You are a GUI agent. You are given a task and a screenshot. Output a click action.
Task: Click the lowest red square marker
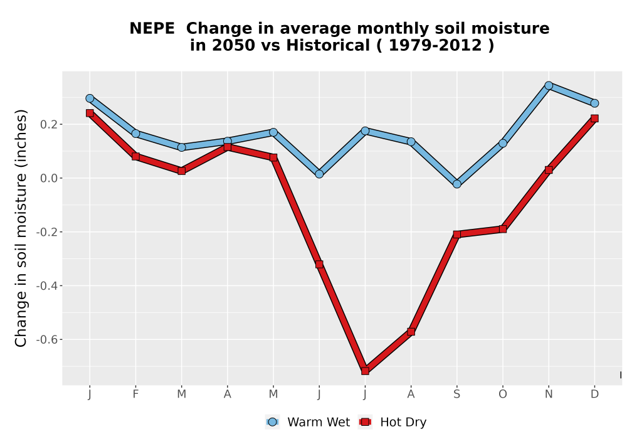point(365,371)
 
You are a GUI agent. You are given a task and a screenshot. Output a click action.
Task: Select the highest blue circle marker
point(549,85)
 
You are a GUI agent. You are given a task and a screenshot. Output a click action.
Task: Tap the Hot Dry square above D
point(594,119)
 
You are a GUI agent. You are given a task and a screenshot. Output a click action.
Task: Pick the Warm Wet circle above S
point(456,184)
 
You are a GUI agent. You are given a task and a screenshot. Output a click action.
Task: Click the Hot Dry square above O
point(503,229)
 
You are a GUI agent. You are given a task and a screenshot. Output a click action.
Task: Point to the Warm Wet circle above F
point(135,134)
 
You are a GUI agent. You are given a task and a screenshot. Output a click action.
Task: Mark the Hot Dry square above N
point(549,170)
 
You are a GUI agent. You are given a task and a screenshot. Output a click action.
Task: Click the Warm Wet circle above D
point(594,103)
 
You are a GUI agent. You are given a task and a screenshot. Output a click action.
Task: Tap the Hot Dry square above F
point(135,156)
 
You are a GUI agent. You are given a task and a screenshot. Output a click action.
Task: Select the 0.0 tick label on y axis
point(49,178)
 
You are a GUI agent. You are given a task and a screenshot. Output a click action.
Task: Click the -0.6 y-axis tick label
point(46,340)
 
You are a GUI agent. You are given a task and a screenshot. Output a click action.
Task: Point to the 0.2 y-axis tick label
point(49,125)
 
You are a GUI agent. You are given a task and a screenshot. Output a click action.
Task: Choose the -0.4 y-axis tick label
point(46,286)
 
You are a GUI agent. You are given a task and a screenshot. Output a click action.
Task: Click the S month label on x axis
point(456,394)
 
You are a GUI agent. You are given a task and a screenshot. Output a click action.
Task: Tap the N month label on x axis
point(549,394)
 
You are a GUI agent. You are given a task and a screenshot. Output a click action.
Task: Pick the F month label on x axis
point(135,394)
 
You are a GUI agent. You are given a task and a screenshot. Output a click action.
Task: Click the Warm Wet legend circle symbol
point(272,422)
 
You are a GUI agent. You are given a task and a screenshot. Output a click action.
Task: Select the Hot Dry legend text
point(403,422)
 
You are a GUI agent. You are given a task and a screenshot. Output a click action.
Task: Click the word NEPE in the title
point(152,29)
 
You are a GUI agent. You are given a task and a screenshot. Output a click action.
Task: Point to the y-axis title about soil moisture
point(21,228)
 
